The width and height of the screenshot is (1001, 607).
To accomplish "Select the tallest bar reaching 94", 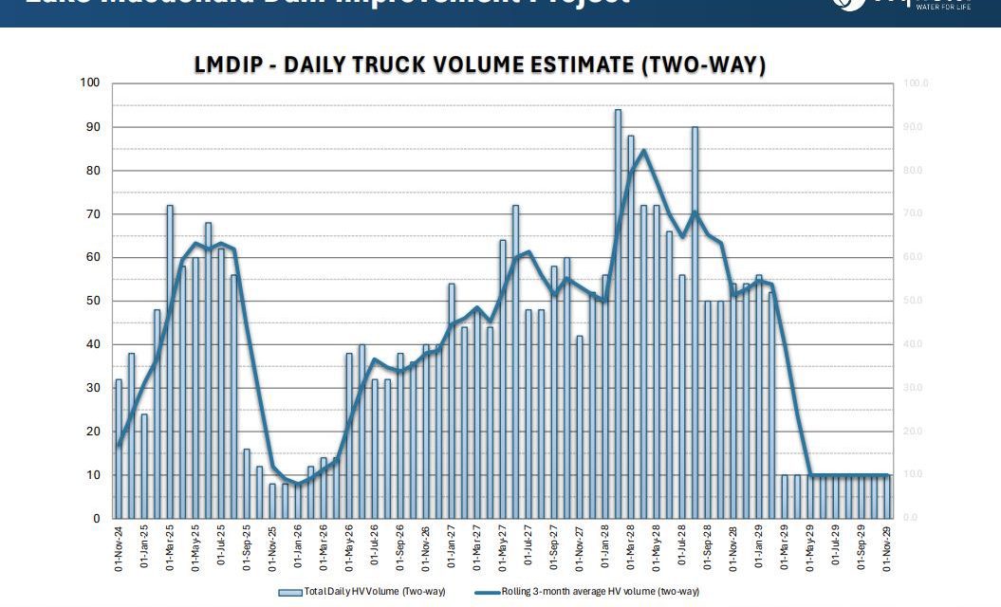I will pyautogui.click(x=618, y=313).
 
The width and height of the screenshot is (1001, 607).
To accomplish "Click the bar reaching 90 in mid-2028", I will pyautogui.click(x=695, y=322).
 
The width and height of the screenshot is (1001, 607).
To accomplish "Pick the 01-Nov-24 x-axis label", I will pyautogui.click(x=119, y=550).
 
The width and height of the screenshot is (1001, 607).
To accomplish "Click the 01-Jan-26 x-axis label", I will pyautogui.click(x=298, y=550).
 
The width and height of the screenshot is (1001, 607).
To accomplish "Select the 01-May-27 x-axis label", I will pyautogui.click(x=503, y=550).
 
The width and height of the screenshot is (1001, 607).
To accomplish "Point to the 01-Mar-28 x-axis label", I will pyautogui.click(x=631, y=550).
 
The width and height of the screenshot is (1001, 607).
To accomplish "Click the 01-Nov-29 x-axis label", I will pyautogui.click(x=887, y=550).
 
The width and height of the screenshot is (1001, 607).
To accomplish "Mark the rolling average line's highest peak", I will pyautogui.click(x=643, y=151).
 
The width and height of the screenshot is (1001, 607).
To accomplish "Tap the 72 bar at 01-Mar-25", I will pyautogui.click(x=170, y=360).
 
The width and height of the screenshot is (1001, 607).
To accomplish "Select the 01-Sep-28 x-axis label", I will pyautogui.click(x=708, y=550).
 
